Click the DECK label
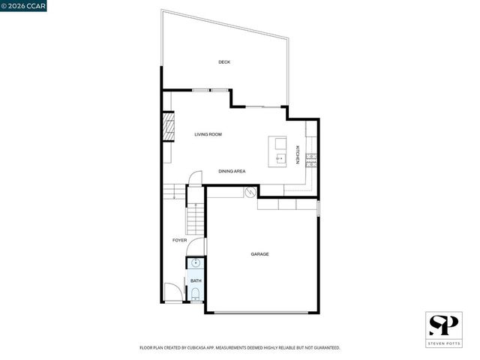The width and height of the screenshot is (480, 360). [x=223, y=61]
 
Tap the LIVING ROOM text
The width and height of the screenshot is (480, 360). [x=208, y=134]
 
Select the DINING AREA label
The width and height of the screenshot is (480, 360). [x=232, y=171]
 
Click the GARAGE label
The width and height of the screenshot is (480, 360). [x=259, y=254]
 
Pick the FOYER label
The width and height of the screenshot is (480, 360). [x=179, y=240]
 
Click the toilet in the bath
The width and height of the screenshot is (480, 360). [x=195, y=295]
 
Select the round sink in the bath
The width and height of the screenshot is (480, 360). [x=195, y=263]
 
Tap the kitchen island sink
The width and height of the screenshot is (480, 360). [x=279, y=158]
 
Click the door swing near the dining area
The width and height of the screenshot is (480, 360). [x=195, y=178]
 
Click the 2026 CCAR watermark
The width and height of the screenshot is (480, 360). [x=23, y=6]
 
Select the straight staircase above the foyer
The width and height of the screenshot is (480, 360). [x=193, y=217]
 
